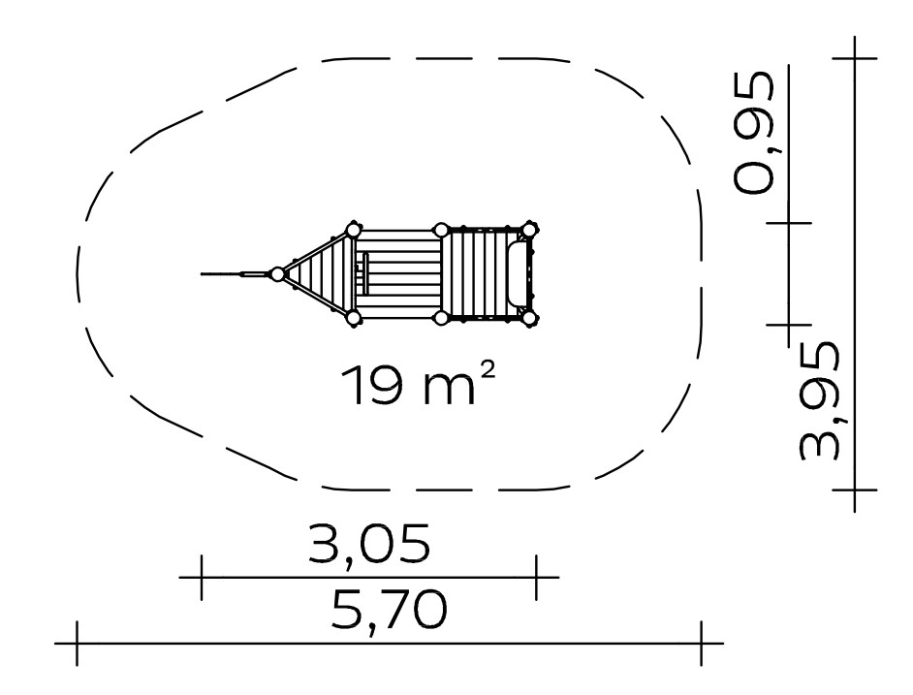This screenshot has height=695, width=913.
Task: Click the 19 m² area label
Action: tap(418, 385)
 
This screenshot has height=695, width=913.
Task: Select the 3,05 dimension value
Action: tap(369, 544)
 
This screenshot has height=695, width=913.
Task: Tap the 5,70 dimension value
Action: tap(389, 610)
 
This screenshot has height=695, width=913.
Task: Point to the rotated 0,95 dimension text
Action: tap(754, 132)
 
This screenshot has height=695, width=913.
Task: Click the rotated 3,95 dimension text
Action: tap(820, 401)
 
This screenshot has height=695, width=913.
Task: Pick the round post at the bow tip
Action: tap(278, 273)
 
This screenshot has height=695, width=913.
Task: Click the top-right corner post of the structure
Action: tap(528, 230)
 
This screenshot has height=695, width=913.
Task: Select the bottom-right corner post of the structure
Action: tap(528, 318)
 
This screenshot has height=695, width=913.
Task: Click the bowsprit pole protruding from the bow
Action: tap(236, 273)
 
